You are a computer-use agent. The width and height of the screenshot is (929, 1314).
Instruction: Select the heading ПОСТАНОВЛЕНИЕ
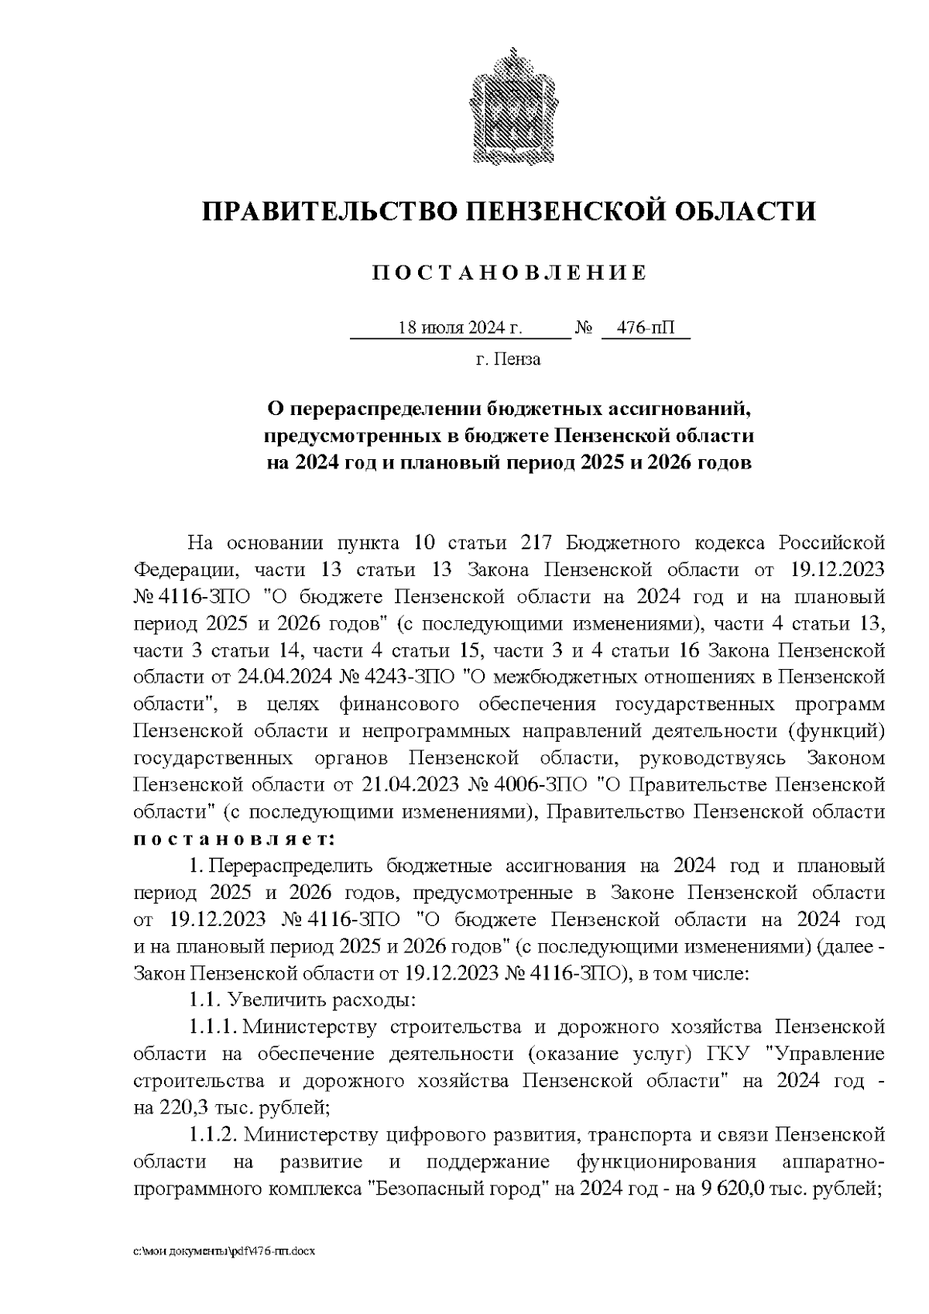(509, 273)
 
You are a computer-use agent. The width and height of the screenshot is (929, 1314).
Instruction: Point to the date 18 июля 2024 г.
(460, 328)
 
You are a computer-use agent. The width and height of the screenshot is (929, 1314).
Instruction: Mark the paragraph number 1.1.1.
(212, 1027)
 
